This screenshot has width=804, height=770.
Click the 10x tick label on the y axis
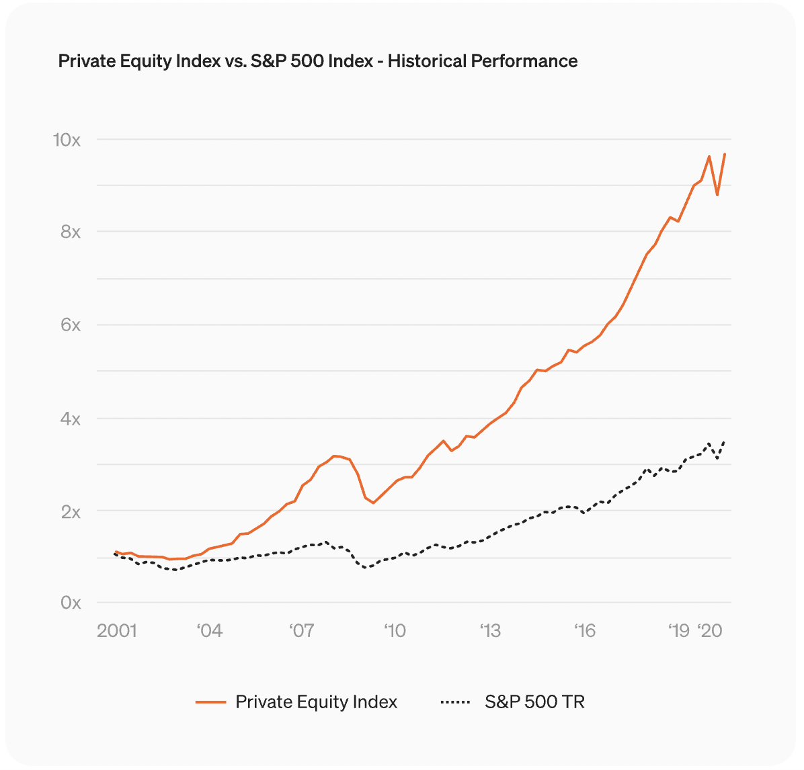tap(67, 140)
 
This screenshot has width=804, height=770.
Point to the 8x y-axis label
tap(70, 232)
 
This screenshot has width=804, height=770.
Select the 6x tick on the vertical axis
tap(70, 325)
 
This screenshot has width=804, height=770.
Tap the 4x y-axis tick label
tap(70, 419)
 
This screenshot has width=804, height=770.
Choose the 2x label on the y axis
tap(70, 512)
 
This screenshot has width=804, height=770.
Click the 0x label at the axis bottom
tap(70, 603)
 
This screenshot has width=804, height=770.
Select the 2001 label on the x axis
tap(116, 631)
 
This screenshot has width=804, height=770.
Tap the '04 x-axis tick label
tap(209, 631)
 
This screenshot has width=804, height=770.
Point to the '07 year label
tap(302, 631)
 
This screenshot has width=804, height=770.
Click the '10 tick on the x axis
tap(395, 631)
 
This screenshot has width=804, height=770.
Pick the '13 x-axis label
tap(490, 631)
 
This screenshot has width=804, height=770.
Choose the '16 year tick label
tap(585, 631)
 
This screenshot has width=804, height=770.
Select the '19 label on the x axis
tap(679, 631)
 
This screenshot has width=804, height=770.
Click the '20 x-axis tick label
tap(710, 631)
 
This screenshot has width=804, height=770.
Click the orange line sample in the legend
tap(210, 702)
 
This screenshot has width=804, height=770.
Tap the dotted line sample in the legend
tap(455, 702)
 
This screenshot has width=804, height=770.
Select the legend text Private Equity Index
tap(316, 702)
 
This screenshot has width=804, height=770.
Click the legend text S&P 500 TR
tap(534, 702)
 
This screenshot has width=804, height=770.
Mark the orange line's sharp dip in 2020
tap(717, 195)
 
